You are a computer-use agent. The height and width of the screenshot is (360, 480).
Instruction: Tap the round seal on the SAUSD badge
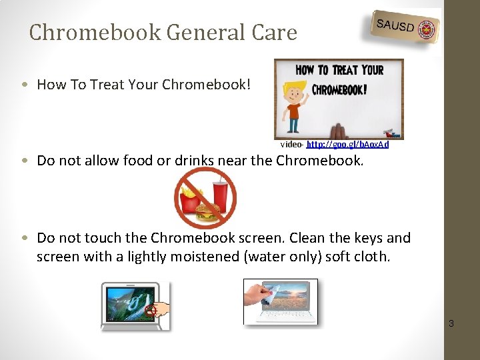(x=426, y=30)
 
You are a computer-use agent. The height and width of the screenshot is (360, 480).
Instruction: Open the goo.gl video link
(x=347, y=144)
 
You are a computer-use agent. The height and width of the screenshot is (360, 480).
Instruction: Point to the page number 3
(x=451, y=324)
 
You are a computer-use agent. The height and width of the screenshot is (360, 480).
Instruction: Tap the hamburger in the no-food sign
(x=207, y=212)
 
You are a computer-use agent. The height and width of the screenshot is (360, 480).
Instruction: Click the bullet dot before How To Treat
(x=25, y=85)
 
